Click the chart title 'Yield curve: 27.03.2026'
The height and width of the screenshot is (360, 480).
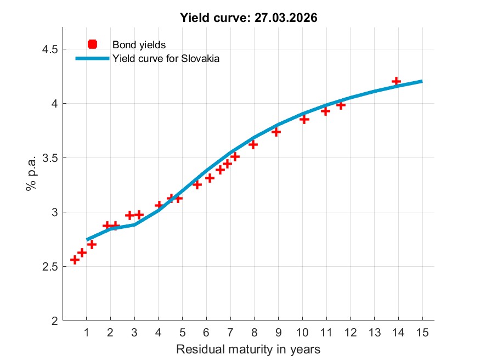pos(249,18)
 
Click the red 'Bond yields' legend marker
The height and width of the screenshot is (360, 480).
pos(92,44)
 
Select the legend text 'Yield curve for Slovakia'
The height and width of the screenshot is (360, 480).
pos(166,59)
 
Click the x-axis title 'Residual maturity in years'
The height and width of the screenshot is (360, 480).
pos(248,349)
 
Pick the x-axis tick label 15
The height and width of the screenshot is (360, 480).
pos(422,332)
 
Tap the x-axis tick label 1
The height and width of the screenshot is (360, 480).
pos(86,332)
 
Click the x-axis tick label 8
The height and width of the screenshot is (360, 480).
pos(254,332)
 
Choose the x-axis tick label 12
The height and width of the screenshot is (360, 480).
pos(350,332)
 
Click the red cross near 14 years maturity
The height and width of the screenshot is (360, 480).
pos(396,81)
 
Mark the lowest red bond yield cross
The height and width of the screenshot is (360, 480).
pos(75,260)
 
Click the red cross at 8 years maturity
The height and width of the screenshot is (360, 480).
pos(253,144)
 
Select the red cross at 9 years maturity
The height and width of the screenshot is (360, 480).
pos(276,132)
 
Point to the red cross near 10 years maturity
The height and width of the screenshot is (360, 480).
pos(304,119)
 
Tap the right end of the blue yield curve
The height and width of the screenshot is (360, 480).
pos(422,81)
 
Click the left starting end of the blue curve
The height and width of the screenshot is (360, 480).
pos(87,239)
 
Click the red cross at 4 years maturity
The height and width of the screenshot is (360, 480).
pos(159,205)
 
